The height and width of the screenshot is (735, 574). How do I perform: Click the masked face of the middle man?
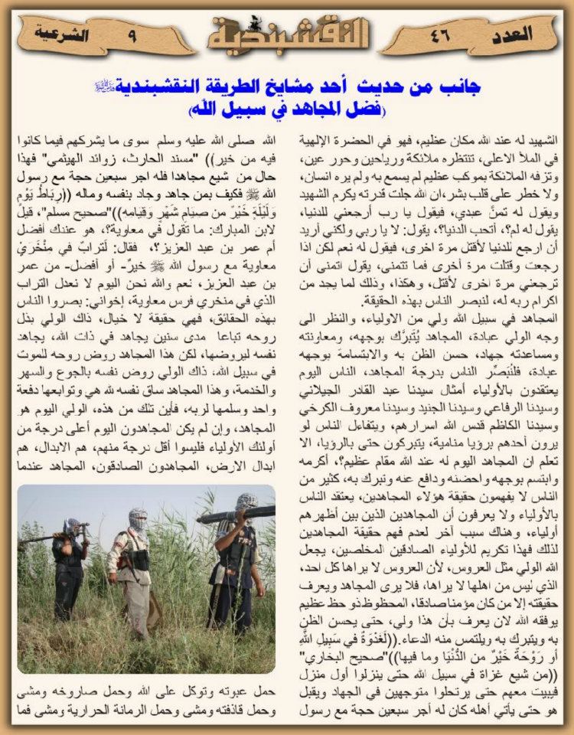pos(138,519)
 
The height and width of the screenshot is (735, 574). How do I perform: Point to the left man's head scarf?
pos(73,527)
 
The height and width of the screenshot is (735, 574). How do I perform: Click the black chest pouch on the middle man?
pos(139,561)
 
